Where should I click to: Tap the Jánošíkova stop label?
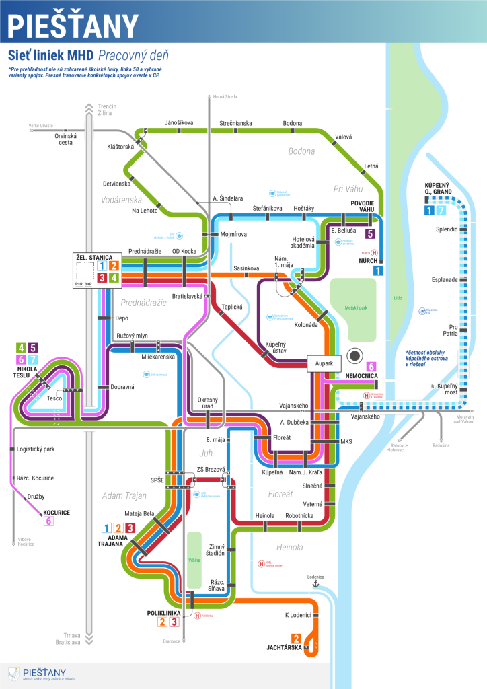tap(179, 122)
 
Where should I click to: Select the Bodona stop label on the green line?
tap(292, 123)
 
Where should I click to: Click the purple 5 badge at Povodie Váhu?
tap(369, 233)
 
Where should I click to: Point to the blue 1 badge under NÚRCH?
tap(379, 270)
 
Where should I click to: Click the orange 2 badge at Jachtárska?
tap(295, 639)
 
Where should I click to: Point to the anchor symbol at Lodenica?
tap(314, 585)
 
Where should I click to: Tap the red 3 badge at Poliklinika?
tap(174, 622)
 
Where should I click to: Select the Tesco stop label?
tap(55, 398)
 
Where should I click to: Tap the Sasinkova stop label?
tap(246, 268)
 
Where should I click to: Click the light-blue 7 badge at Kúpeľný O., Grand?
tap(441, 211)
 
